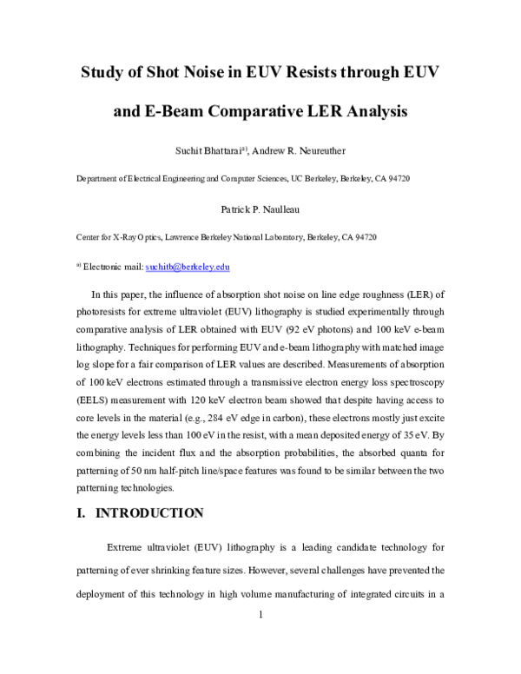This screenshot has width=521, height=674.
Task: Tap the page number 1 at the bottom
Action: point(260,615)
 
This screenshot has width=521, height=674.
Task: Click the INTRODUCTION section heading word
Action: point(148,512)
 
